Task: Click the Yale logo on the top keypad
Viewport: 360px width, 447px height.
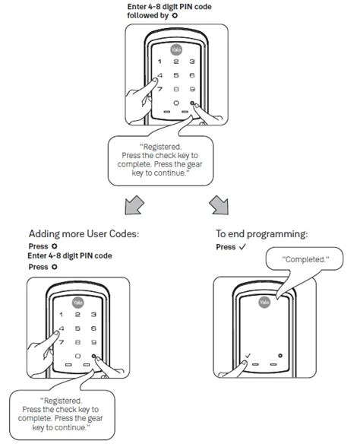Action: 175,48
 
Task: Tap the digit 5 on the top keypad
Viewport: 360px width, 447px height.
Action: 176,75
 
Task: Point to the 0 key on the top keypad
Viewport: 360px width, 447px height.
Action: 176,103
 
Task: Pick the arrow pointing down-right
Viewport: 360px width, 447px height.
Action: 219,203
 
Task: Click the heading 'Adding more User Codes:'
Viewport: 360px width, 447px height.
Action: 85,233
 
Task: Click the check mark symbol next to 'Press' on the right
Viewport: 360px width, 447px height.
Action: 242,247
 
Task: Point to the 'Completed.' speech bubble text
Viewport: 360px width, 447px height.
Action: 306,258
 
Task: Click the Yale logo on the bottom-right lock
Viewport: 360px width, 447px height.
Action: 265,302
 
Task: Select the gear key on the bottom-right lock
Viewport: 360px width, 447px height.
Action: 280,355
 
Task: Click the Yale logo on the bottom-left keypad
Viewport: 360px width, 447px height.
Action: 77,301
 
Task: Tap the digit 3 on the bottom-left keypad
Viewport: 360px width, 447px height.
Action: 93,315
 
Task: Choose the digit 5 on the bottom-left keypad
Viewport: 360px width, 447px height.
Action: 77,328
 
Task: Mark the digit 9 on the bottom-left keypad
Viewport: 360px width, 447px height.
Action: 93,342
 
